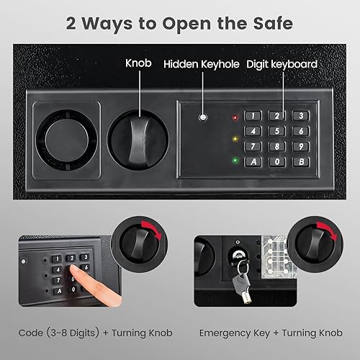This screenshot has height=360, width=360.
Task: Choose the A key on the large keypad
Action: point(252,161)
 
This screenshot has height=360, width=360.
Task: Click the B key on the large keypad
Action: point(299,161)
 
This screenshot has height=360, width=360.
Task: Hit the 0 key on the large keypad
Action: point(275,161)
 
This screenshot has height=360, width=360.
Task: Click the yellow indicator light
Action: point(235,138)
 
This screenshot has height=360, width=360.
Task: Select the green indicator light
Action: point(235,160)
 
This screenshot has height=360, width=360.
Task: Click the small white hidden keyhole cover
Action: point(204,117)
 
